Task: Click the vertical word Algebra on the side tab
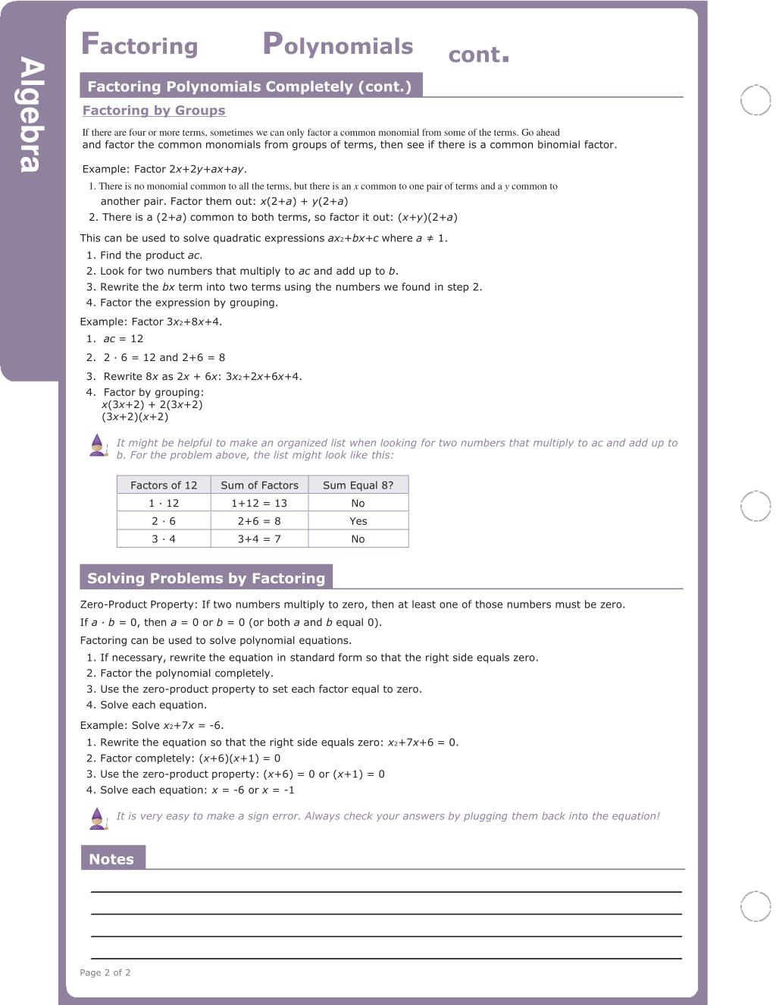click(31, 115)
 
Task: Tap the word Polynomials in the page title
click(338, 46)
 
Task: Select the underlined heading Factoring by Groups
click(154, 111)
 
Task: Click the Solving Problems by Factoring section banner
click(206, 578)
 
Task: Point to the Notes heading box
click(112, 859)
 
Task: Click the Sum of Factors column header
click(259, 485)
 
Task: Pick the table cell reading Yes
click(358, 521)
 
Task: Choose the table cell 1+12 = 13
click(259, 503)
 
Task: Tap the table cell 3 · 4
click(164, 539)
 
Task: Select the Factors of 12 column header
click(164, 485)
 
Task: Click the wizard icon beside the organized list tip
click(98, 445)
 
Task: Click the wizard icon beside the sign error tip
click(98, 818)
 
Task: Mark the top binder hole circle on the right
click(755, 100)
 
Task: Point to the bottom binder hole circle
click(755, 906)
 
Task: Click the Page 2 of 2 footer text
click(105, 972)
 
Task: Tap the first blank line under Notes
click(386, 890)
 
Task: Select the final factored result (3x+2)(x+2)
click(135, 417)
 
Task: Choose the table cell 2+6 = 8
click(259, 521)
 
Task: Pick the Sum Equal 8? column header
click(358, 485)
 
